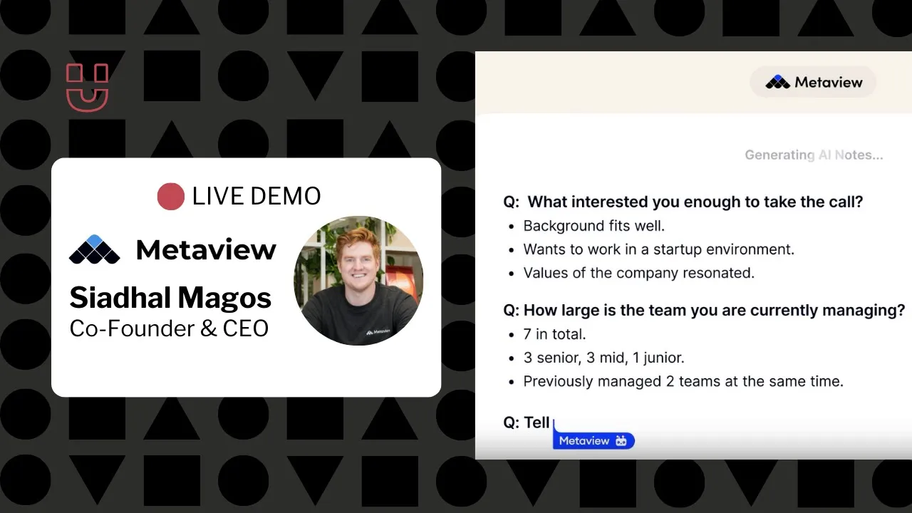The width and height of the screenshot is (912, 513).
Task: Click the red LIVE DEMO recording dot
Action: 170,196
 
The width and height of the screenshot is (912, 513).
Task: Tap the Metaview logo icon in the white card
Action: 95,249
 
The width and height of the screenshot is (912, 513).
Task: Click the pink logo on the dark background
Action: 87,87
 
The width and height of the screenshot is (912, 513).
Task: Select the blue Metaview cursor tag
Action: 594,440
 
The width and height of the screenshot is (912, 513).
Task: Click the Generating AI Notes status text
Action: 814,155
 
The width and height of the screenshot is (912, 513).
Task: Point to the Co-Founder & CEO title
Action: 169,328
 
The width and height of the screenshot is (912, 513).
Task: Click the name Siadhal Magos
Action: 170,297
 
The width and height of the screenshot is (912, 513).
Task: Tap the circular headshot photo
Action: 358,281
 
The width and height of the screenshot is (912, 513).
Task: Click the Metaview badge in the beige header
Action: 813,82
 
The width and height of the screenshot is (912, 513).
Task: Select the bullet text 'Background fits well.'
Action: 594,226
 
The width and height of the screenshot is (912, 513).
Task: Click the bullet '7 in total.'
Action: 554,334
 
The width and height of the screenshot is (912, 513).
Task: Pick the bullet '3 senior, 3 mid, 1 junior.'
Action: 603,358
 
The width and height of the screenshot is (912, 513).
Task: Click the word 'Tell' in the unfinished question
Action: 537,423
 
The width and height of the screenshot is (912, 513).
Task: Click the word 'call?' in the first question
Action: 846,202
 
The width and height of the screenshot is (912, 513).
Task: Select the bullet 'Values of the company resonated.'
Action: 639,273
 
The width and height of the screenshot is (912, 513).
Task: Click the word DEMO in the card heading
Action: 286,196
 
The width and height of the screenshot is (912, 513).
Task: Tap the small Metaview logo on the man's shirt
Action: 378,332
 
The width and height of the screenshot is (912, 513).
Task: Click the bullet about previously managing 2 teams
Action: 683,381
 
